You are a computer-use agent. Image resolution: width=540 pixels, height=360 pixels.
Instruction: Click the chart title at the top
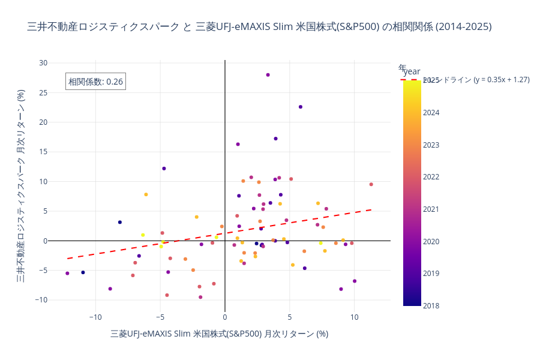[259, 26]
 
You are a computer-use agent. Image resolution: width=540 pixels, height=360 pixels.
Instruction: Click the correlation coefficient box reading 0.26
[95, 82]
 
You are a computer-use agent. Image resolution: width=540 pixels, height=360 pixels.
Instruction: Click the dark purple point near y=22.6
[301, 107]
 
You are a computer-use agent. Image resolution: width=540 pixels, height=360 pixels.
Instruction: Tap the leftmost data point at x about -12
[67, 273]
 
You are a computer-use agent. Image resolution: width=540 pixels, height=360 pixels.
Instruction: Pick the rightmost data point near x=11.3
[371, 184]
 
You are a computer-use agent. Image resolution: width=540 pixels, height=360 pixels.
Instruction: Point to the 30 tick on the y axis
[43, 62]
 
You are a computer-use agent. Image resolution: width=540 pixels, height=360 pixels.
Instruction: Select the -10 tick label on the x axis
[95, 317]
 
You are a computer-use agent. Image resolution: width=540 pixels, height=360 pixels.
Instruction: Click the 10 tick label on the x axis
[355, 317]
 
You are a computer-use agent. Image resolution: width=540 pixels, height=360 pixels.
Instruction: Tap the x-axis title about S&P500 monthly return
[219, 334]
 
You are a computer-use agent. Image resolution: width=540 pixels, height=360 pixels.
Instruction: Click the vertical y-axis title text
[20, 186]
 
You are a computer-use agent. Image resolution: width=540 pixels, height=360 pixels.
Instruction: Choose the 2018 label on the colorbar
[431, 305]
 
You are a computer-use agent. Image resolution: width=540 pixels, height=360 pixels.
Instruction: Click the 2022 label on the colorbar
[431, 177]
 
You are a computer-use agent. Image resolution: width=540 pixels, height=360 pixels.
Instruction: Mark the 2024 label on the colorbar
[431, 113]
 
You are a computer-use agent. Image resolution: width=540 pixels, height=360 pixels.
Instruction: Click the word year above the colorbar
[412, 71]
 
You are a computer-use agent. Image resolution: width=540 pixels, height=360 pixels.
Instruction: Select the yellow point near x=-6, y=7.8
[146, 194]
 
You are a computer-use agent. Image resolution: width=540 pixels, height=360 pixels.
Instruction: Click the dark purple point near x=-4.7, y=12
[164, 169]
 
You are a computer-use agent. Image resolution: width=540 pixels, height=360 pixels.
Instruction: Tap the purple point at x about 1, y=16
[238, 144]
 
